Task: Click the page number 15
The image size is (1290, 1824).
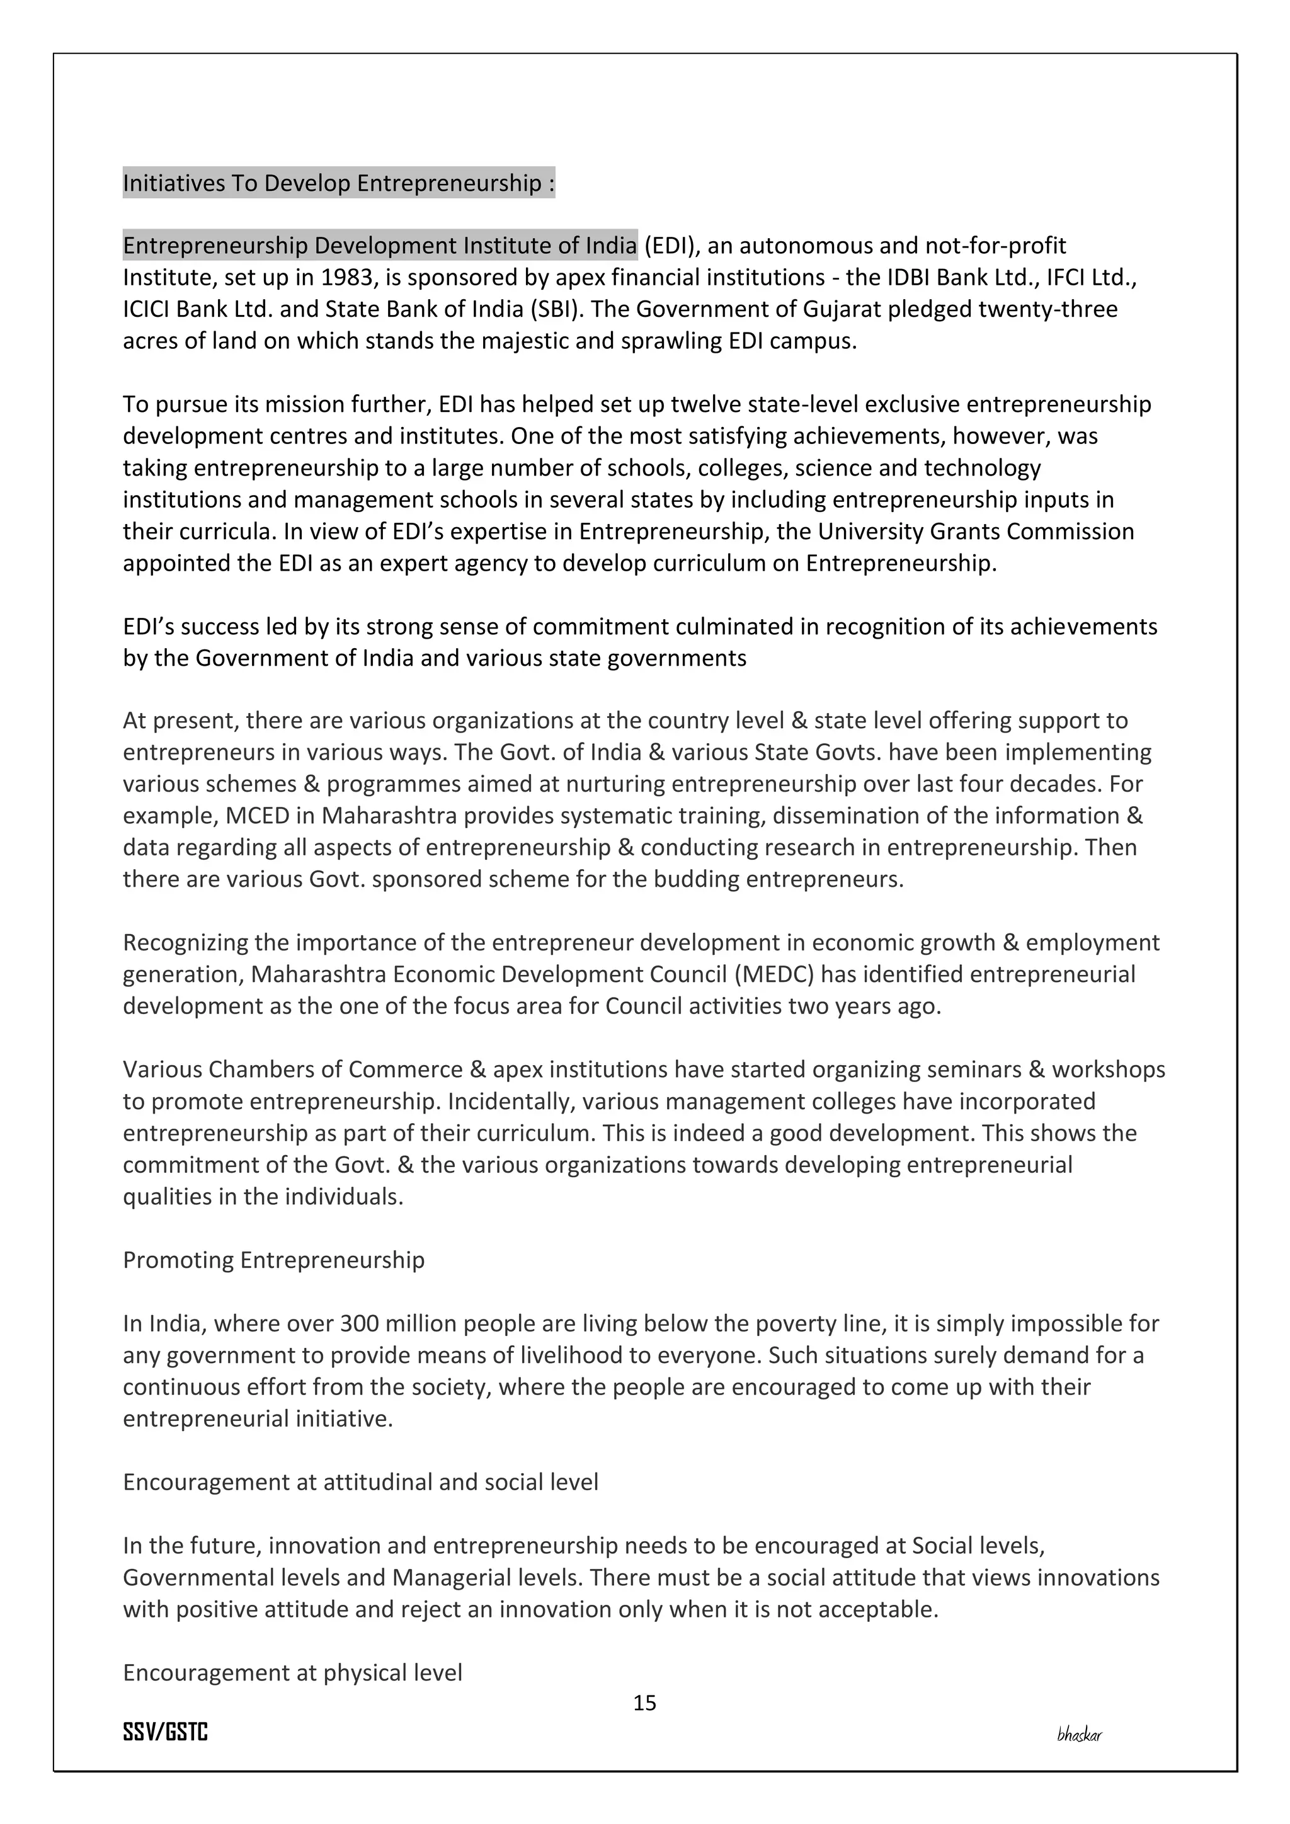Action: click(x=644, y=1702)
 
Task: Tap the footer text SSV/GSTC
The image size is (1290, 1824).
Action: click(x=165, y=1732)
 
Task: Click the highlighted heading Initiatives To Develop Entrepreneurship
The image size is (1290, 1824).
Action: click(x=338, y=183)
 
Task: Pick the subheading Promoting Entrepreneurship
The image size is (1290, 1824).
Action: click(x=273, y=1260)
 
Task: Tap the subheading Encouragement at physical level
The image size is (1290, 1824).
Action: click(x=292, y=1672)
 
